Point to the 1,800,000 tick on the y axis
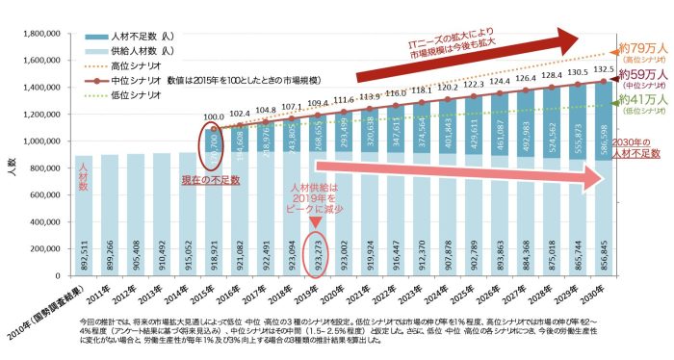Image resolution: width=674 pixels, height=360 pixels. coord(39,34)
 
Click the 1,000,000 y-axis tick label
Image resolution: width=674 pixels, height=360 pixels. coord(39,141)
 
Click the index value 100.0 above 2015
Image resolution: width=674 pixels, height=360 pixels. coord(217,117)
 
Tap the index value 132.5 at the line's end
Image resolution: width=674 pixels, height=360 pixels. coord(604,69)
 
